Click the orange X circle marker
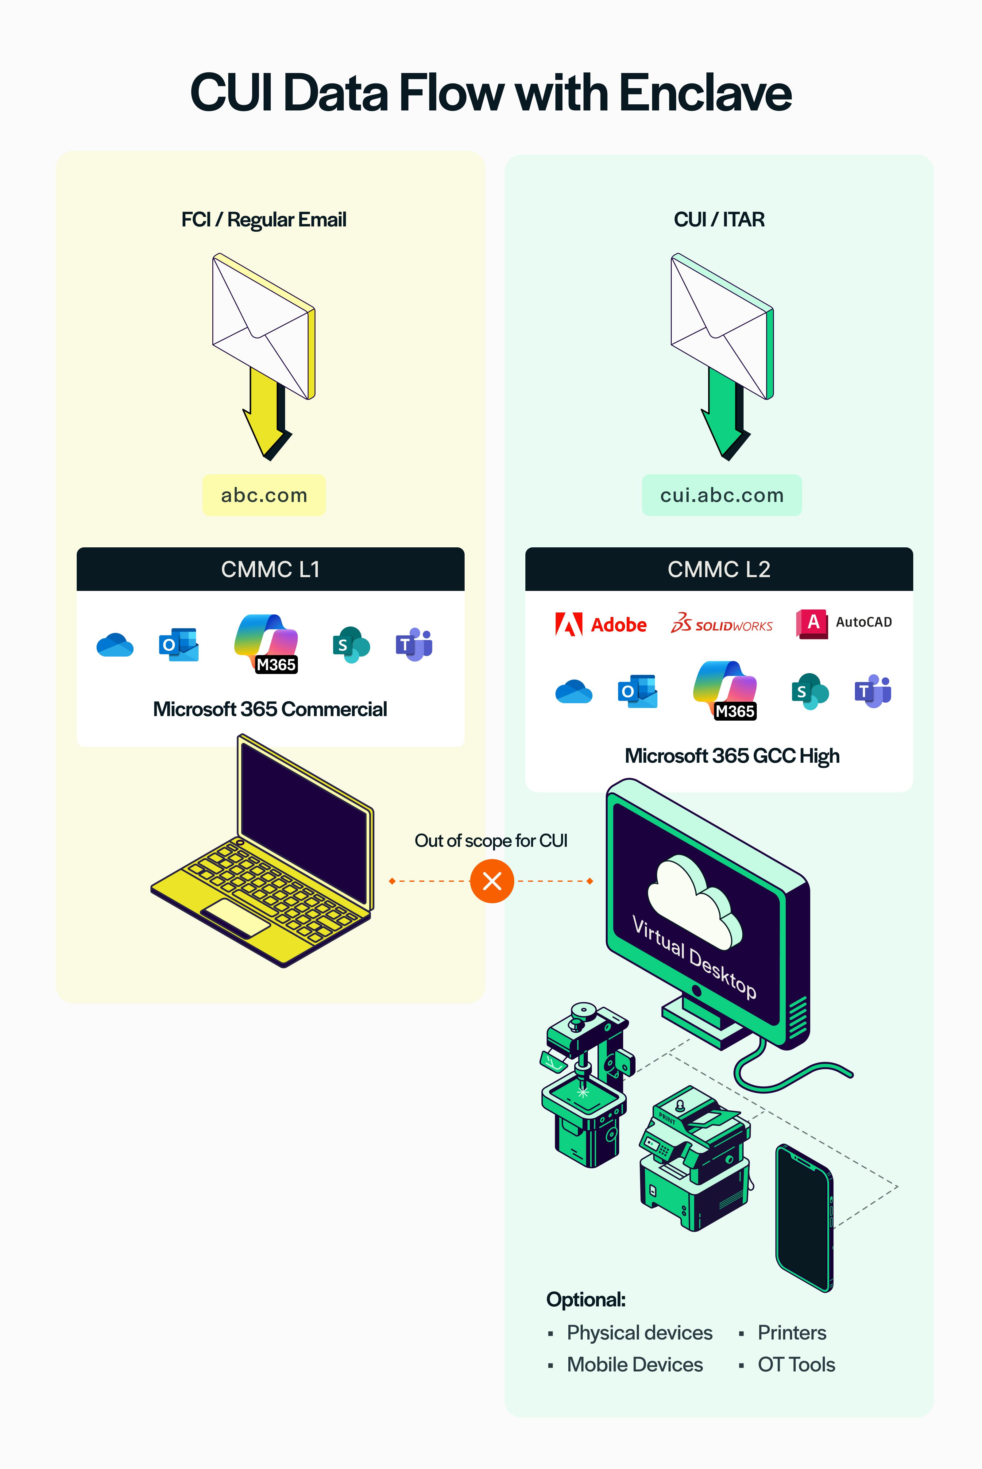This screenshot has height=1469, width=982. (492, 881)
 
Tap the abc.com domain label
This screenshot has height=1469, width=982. (264, 495)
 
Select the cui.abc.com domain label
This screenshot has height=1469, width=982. (721, 495)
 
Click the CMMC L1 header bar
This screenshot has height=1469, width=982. (271, 569)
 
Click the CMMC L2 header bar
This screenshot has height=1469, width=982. (719, 569)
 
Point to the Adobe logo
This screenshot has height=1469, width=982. (601, 624)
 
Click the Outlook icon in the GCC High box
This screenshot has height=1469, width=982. (637, 691)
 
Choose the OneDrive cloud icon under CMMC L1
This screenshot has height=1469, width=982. (114, 645)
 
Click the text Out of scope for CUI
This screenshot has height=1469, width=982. (491, 840)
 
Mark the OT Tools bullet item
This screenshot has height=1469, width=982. (796, 1364)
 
